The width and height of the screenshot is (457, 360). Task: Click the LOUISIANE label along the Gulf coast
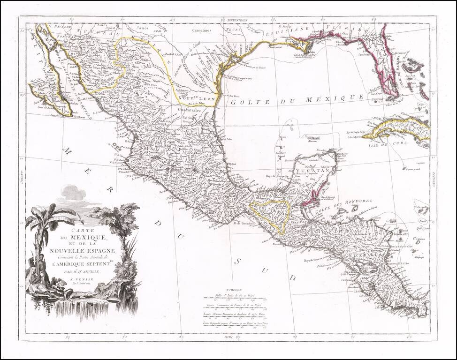[281, 34]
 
